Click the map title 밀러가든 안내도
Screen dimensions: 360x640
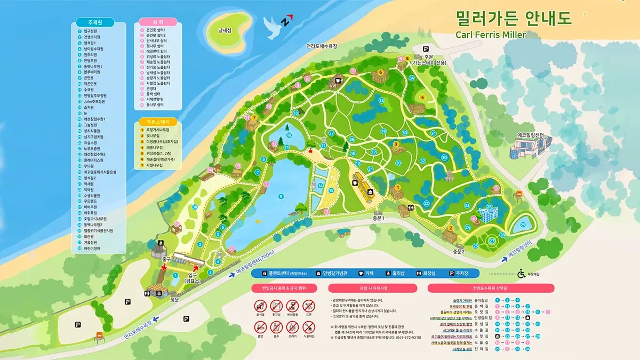[x=513, y=18]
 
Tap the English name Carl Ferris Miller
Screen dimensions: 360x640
[x=491, y=35]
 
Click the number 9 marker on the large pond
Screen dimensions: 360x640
[x=281, y=197]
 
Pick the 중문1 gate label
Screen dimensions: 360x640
[x=378, y=218]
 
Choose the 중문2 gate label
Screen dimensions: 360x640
[x=459, y=251]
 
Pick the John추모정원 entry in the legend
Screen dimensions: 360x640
[x=94, y=101]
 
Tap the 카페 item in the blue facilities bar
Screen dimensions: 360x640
[x=365, y=273]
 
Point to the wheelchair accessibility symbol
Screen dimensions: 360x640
[x=521, y=274]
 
